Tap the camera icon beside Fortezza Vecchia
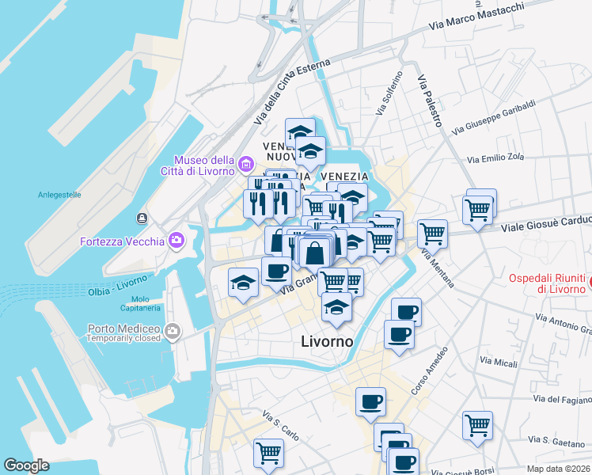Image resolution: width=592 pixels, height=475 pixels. tap(175, 240)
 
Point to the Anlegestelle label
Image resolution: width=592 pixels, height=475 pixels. tap(59, 195)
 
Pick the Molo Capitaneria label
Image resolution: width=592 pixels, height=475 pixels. tap(141, 303)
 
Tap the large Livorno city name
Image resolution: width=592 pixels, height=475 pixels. tap(327, 341)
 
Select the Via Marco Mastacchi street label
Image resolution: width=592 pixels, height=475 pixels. tap(476, 17)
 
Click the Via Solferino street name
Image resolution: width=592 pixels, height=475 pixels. tap(389, 93)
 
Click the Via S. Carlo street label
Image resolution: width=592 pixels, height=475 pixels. tap(281, 426)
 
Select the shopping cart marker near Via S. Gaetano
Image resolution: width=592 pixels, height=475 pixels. tap(477, 425)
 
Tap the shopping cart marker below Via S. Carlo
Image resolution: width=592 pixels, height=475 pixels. tap(268, 453)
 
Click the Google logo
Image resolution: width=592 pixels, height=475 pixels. tap(26, 465)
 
